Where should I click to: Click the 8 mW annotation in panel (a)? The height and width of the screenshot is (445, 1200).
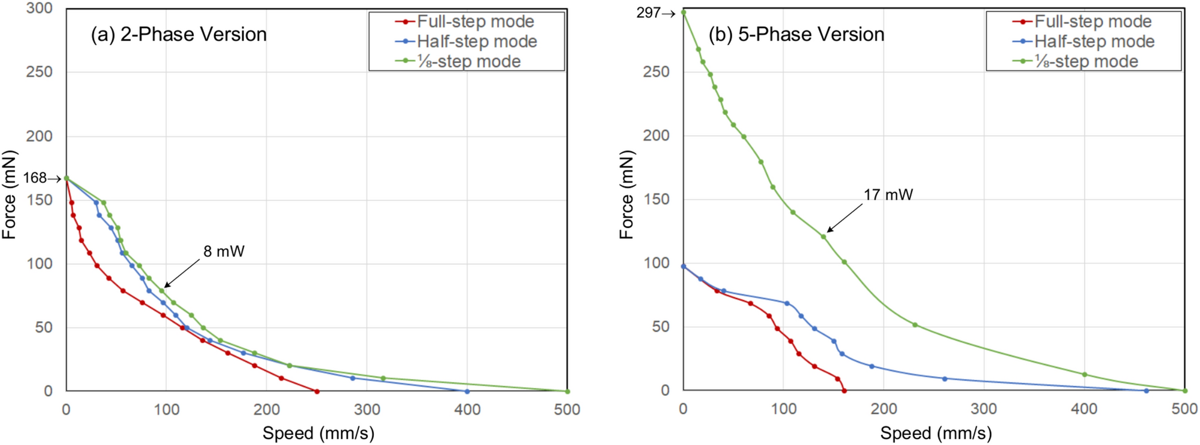224,252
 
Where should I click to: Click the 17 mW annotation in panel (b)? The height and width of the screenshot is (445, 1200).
888,195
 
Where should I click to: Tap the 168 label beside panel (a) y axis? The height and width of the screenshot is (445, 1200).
35,178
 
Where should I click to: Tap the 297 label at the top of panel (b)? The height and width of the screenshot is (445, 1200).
648,13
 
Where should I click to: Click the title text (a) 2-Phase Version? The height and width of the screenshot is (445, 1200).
178,35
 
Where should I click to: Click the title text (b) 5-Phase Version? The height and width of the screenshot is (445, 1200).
796,35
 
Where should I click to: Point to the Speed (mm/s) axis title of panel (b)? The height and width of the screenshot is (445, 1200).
936,433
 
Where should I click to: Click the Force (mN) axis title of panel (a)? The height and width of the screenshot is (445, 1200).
9,195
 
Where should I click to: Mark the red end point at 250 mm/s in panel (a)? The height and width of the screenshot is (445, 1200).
317,391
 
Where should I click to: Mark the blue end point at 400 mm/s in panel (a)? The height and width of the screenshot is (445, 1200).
467,391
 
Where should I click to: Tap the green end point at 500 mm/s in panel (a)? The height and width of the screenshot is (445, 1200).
567,391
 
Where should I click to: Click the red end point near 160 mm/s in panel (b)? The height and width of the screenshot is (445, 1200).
844,391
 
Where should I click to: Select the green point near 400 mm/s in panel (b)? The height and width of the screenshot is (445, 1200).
1085,374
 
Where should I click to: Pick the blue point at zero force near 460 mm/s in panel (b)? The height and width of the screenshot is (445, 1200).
1146,391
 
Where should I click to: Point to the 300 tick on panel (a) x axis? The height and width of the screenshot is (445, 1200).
367,410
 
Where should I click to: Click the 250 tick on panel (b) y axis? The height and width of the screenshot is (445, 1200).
657,72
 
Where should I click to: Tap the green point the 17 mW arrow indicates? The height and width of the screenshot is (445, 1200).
823,237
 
